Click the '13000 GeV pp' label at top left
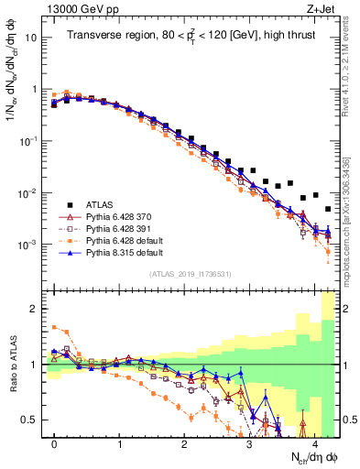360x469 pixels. [x=77, y=8]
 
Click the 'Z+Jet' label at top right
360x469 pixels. [x=322, y=8]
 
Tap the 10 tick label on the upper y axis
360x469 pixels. [x=31, y=38]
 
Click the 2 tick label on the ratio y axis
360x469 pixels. [x=35, y=309]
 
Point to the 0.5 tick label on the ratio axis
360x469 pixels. [x=31, y=420]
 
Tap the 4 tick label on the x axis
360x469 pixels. [x=314, y=444]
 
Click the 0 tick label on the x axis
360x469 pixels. [x=55, y=444]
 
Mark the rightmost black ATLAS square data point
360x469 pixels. [x=328, y=209]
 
